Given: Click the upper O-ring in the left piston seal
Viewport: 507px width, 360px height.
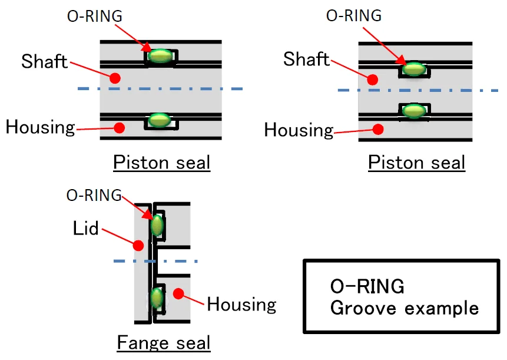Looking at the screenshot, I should pos(160,56).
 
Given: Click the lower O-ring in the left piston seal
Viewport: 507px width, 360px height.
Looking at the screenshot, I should pos(159,120).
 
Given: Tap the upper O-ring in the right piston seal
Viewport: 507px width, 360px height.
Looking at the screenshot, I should pos(415,69).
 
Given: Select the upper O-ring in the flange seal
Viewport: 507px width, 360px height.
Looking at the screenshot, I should pos(157,225).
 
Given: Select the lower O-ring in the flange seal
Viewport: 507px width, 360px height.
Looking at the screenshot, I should pos(156,298).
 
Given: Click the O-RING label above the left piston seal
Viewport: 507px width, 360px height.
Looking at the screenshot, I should pos(94,16).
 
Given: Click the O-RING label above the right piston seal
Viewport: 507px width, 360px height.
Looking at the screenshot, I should pos(353,15).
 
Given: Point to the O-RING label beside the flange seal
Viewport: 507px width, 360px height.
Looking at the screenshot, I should pos(94,196).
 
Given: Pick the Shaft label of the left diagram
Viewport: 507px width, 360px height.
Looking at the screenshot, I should pos(44,61).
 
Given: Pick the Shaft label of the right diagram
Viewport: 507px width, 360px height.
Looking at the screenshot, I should pos(306,59).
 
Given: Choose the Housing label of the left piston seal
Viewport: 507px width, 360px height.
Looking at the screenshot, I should pos(41,127).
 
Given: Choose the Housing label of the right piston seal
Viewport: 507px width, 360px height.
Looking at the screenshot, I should pos(299,129).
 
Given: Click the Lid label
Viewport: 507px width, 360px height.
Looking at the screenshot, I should pos(86,229).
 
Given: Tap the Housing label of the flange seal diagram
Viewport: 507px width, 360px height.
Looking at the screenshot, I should pos(241,304).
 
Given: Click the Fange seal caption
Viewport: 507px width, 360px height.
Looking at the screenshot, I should pos(164,342).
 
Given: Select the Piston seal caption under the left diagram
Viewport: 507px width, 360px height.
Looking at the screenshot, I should pos(161,162).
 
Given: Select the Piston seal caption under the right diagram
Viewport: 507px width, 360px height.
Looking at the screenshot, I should pos(416,162).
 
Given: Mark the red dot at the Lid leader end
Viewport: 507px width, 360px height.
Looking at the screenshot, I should pos(139,243).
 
